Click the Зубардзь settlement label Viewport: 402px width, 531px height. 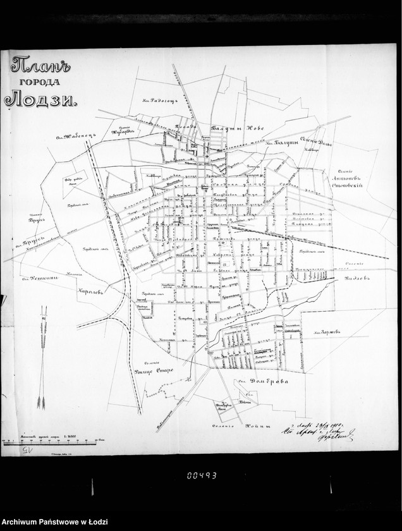click(123, 131)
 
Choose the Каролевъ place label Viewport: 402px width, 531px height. click(90, 292)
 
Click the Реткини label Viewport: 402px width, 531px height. click(44, 278)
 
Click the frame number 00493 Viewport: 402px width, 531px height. click(201, 475)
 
